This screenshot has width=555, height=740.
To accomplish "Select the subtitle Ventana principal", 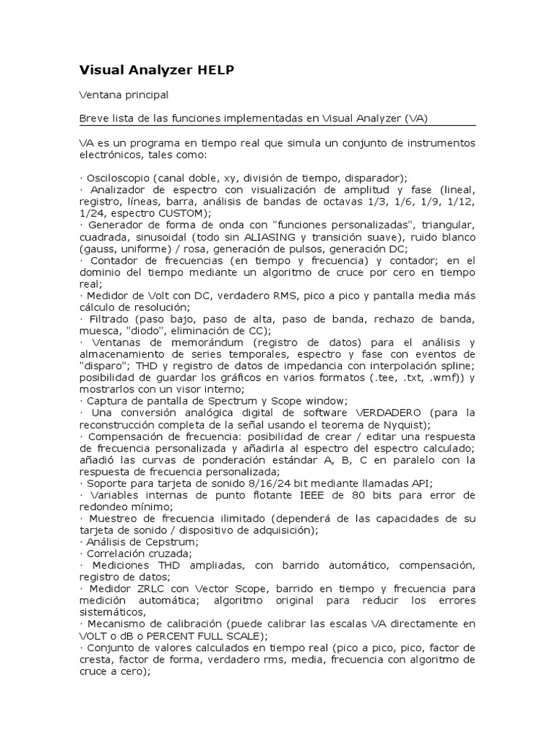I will pyautogui.click(x=124, y=95).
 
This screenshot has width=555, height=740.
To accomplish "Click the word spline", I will pyautogui.click(x=457, y=366).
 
